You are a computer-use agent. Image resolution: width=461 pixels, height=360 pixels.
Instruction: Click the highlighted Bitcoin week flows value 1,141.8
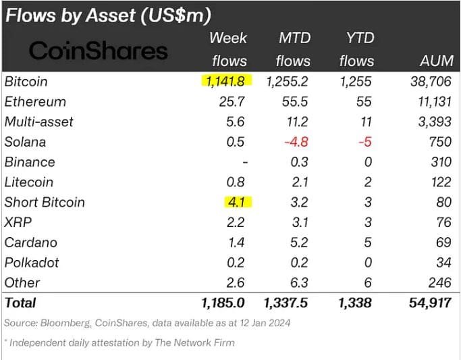(x=226, y=82)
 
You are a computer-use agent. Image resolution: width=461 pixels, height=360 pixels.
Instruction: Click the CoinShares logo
(x=99, y=51)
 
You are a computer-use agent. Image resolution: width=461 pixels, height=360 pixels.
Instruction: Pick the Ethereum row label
(x=35, y=102)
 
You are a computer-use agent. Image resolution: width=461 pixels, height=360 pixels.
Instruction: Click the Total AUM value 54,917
(x=429, y=303)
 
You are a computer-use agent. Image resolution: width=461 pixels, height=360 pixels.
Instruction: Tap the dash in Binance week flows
(x=244, y=162)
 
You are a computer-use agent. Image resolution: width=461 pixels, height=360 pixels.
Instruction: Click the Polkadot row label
(x=31, y=262)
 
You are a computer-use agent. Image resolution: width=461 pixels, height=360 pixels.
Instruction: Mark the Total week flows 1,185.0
(x=222, y=303)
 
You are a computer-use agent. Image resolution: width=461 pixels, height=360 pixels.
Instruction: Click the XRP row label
(x=18, y=222)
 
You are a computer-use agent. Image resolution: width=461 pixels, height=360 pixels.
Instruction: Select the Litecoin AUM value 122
(x=439, y=182)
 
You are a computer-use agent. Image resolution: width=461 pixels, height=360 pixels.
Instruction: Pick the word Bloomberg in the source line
(x=63, y=323)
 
